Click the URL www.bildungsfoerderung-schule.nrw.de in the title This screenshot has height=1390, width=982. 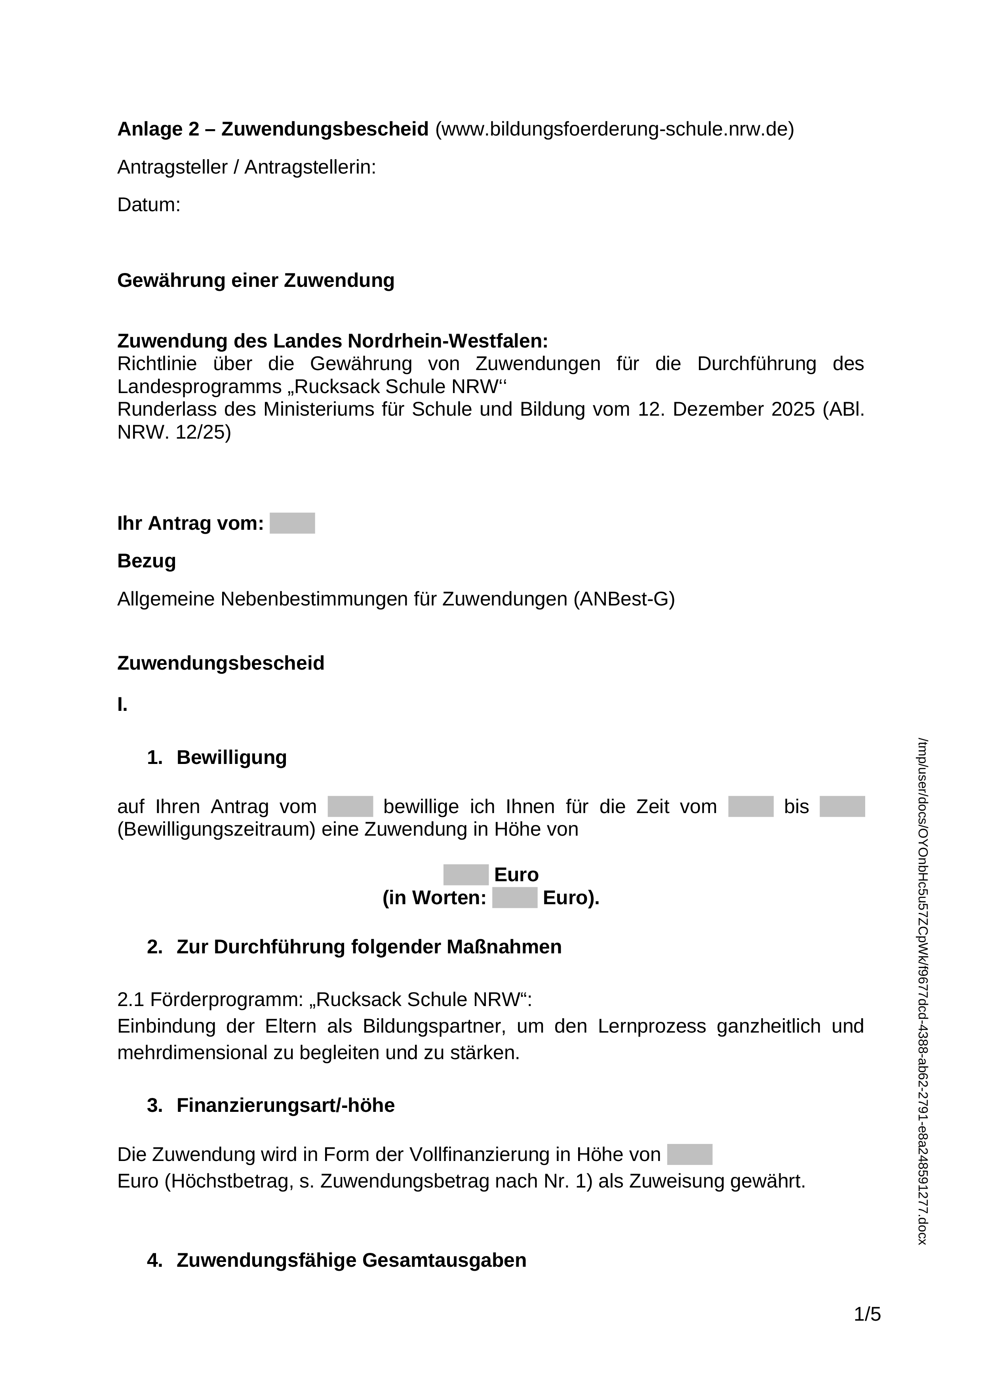click(614, 130)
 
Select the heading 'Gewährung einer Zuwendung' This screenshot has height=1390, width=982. click(255, 281)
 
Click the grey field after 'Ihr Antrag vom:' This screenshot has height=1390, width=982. click(292, 523)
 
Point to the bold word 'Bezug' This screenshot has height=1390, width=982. click(147, 561)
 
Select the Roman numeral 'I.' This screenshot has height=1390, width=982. click(122, 705)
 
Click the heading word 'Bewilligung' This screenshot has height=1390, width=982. click(231, 758)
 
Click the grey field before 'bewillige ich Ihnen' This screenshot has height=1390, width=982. click(350, 806)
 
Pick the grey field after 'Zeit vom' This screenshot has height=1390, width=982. click(750, 806)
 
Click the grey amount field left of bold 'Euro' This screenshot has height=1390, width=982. click(466, 875)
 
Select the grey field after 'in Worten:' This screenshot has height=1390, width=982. click(514, 898)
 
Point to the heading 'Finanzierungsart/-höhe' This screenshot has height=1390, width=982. click(285, 1106)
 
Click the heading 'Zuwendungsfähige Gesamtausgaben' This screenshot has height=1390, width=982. click(351, 1260)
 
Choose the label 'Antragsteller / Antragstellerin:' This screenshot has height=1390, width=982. click(246, 168)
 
